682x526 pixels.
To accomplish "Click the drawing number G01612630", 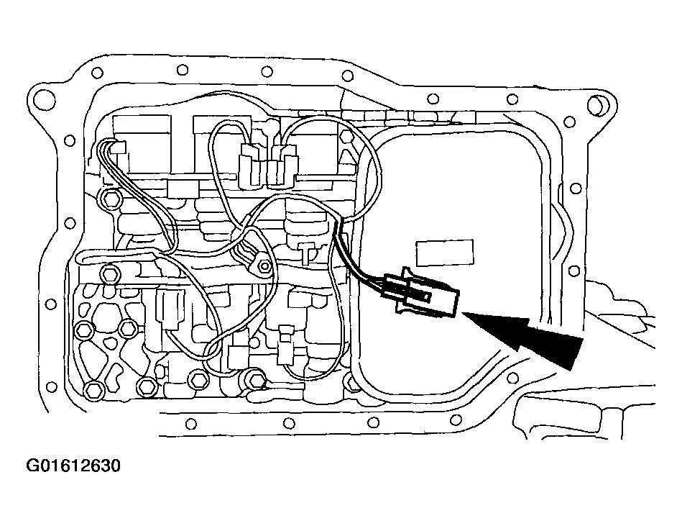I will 73,466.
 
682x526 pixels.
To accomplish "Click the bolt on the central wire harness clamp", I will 266,268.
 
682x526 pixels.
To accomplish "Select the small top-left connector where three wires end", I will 119,149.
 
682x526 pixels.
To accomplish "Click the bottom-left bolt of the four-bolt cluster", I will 93,391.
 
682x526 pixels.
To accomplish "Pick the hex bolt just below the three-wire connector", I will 111,198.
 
